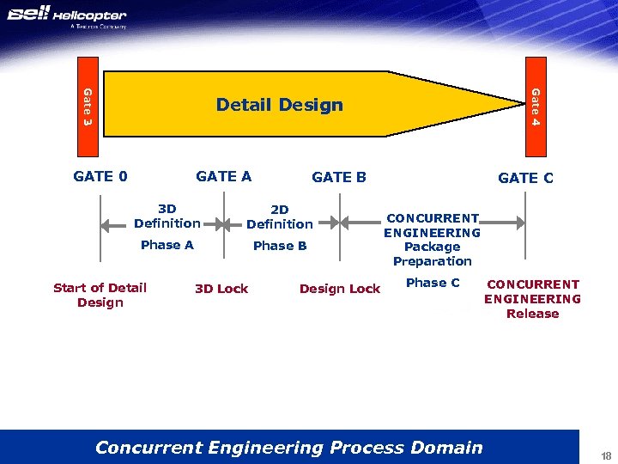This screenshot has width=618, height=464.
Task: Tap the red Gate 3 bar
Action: coord(88,107)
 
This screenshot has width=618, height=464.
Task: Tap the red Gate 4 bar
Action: coord(534,107)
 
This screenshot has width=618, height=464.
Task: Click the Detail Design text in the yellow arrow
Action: coord(279,105)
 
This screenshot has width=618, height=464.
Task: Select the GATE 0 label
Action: coord(100,177)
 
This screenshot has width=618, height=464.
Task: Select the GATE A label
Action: coord(223,177)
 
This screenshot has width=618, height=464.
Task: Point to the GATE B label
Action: coord(338,178)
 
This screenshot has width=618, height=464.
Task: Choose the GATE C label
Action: coord(525,179)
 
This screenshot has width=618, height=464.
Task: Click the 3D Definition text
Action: coord(167,216)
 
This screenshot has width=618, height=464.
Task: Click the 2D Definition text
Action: coord(279,217)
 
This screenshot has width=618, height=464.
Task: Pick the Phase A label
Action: coord(167,245)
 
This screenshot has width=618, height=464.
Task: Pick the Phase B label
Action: coord(280,246)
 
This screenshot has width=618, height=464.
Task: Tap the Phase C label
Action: coord(433,283)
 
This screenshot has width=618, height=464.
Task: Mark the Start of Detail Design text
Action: coord(100,295)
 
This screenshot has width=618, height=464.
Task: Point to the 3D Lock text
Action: coord(221,289)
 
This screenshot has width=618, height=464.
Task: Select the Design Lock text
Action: coord(339,289)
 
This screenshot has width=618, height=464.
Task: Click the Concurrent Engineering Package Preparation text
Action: coord(432,240)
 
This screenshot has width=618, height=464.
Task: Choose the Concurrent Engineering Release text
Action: coord(532,299)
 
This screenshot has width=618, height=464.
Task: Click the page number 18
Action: coord(606,455)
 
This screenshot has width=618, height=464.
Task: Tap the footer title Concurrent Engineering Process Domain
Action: coord(288,447)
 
